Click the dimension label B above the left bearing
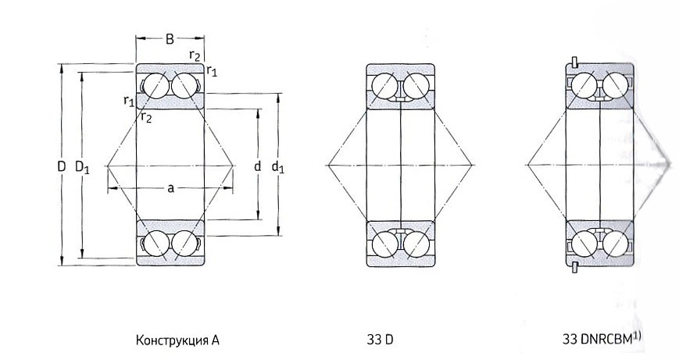tap(170, 39)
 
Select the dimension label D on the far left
tap(62, 166)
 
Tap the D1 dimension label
tap(82, 167)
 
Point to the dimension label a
tap(170, 187)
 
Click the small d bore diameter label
tap(257, 166)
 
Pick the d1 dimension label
tap(277, 166)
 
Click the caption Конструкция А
tap(177, 340)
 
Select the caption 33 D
tap(380, 340)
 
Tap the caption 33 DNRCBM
tap(597, 339)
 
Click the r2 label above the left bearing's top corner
tap(195, 55)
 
